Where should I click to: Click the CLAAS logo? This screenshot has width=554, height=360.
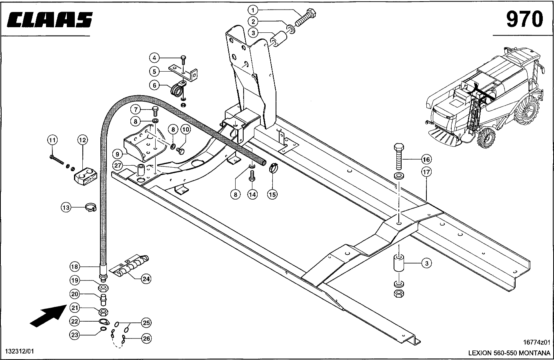tap(50, 20)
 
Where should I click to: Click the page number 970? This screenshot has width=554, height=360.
tap(524, 19)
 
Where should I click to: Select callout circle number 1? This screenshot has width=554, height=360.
tap(253, 10)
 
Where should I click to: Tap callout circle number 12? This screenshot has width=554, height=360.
tap(82, 140)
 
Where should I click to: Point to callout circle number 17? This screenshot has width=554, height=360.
tap(426, 172)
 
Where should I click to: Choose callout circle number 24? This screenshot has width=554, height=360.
tap(146, 279)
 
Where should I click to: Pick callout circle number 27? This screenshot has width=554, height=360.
tap(118, 166)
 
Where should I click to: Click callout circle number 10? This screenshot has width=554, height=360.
tap(186, 129)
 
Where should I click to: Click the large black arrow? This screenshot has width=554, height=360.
tap(48, 316)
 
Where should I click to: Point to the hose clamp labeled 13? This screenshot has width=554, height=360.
tap(91, 207)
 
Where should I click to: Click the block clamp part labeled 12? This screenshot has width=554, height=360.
tap(85, 176)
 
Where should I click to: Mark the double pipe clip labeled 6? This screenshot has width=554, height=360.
tap(178, 89)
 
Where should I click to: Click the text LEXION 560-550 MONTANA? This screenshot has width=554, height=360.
tap(509, 352)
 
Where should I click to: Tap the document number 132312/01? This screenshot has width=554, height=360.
tap(20, 351)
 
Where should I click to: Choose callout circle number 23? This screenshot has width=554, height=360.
tap(75, 335)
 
